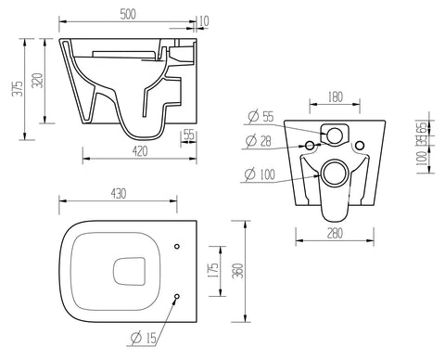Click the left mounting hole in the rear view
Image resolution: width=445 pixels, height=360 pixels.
307,147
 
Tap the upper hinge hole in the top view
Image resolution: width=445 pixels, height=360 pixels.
176,245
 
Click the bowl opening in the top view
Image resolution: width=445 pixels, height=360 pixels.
127,271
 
